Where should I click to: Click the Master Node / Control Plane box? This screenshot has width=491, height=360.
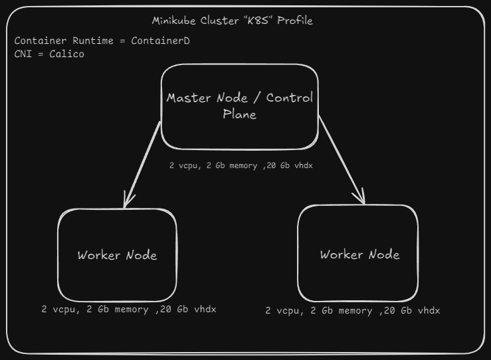(239, 106)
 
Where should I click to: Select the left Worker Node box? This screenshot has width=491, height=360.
(118, 255)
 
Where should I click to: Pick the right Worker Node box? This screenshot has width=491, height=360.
(359, 254)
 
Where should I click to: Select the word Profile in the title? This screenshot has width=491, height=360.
(295, 21)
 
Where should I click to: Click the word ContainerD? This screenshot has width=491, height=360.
(160, 41)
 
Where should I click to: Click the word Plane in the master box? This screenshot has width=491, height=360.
(239, 114)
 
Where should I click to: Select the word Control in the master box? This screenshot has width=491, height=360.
(289, 98)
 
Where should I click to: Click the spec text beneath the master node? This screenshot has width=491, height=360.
(241, 165)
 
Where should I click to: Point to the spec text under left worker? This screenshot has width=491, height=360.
(128, 309)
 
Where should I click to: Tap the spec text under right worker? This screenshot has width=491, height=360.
(352, 310)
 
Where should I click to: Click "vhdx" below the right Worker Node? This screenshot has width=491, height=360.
(428, 310)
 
